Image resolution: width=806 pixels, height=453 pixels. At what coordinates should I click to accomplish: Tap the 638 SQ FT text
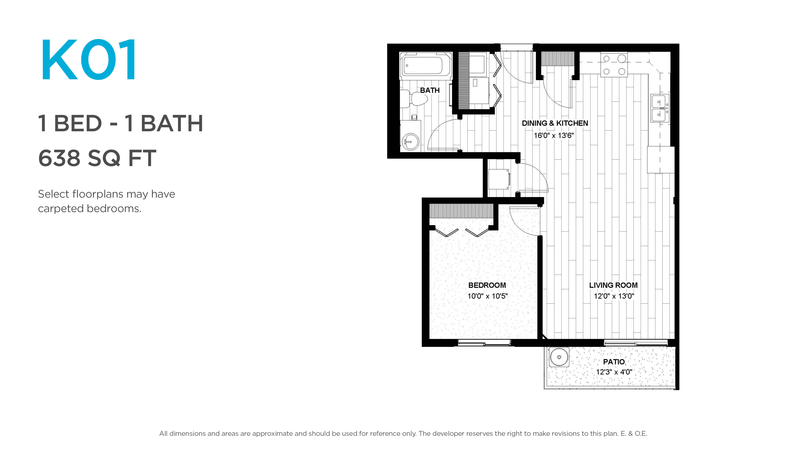[x=97, y=158]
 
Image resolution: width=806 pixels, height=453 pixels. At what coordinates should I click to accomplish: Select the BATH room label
[x=430, y=90]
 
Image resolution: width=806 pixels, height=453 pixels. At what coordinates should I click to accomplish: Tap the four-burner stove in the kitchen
[x=614, y=65]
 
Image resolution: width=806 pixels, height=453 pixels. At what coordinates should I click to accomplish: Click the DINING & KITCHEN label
[x=555, y=123]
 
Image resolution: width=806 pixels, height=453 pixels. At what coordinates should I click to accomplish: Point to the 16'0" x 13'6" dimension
[x=554, y=135]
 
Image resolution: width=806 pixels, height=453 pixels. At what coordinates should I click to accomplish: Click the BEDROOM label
[x=487, y=285]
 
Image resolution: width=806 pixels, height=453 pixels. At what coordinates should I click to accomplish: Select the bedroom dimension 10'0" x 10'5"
[x=487, y=296]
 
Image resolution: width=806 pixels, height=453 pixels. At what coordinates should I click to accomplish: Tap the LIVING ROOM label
[x=613, y=285]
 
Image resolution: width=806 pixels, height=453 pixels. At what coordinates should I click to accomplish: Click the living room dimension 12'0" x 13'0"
[x=614, y=296]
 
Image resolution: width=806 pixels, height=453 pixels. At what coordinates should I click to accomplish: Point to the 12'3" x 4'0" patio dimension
[x=614, y=372]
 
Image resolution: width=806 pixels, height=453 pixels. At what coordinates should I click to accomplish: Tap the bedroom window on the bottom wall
[x=484, y=343]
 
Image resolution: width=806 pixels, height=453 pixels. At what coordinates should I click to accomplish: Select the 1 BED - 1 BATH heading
[x=121, y=123]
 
